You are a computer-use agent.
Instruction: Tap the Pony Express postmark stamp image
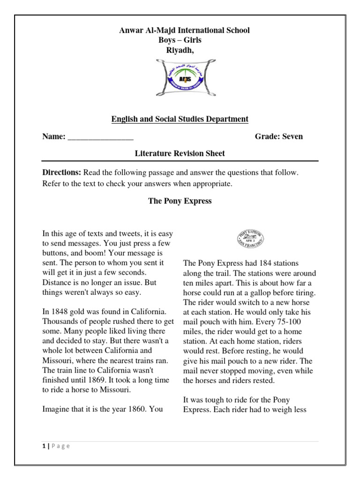coord(249,240)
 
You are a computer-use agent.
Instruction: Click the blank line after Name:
coord(100,137)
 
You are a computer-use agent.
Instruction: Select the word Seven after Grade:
coord(292,136)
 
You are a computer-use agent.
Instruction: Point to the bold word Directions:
coord(62,172)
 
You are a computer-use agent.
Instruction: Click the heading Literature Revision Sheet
coord(180,153)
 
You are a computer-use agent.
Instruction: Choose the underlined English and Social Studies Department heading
coord(180,119)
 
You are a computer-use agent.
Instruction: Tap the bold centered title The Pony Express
coord(180,201)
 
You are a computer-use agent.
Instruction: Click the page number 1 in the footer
coord(43,446)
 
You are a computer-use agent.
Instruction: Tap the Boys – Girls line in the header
coord(180,40)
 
